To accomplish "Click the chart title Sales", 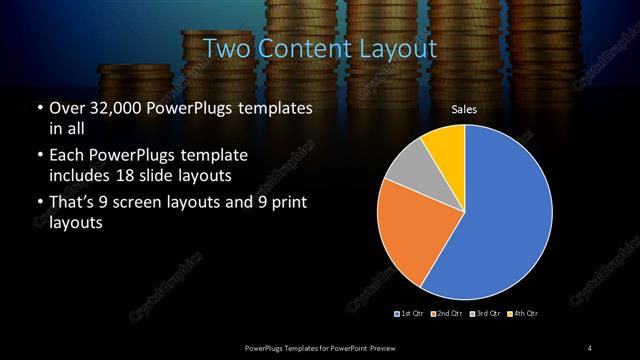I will tap(464, 111).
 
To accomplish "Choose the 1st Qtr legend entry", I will tap(410, 314).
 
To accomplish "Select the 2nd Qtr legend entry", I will tap(446, 314).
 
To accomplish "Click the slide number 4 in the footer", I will tap(590, 347).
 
